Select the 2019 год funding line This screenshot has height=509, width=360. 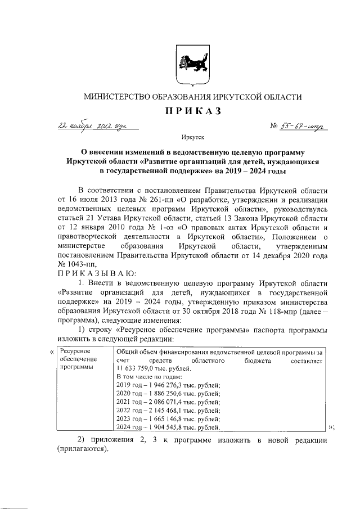tap(168, 385)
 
